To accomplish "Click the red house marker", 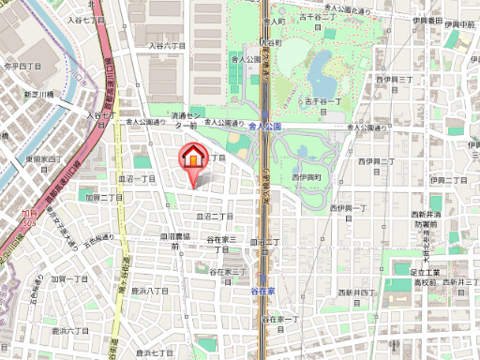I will pos(192,157).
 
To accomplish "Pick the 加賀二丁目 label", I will pos(104,198).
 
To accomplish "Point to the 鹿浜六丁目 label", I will pos(69,331).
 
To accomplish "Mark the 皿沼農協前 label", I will pos(181,237).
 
